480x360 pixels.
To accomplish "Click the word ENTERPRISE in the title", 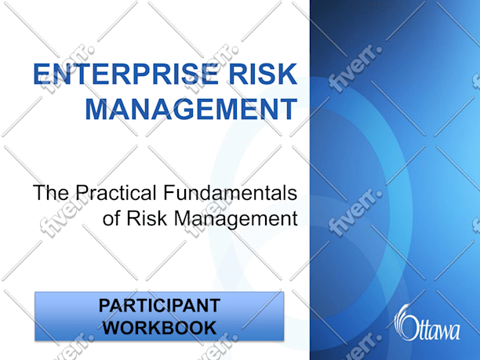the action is [x=125, y=74].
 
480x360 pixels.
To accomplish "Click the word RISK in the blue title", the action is [x=263, y=74].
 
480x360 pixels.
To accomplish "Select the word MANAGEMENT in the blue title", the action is [x=191, y=109].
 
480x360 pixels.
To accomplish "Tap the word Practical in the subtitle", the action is [x=116, y=193].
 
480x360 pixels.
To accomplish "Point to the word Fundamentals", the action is [x=230, y=193].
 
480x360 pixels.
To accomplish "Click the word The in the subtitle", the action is [x=51, y=193].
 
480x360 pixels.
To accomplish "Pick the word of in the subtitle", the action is [x=111, y=219].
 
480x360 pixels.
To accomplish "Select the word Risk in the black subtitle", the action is [x=147, y=219].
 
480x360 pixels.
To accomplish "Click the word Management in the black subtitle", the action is [x=236, y=220].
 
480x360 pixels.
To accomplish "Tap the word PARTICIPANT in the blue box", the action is [x=159, y=306].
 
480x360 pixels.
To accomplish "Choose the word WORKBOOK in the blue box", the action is [x=159, y=328].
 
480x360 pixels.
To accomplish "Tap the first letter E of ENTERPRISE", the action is [x=42, y=74].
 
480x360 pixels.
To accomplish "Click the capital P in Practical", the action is [x=82, y=193].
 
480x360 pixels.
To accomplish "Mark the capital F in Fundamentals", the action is [x=169, y=193].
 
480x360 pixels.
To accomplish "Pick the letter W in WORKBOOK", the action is [x=112, y=328].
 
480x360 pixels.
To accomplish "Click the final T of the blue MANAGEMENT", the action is [x=289, y=109].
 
